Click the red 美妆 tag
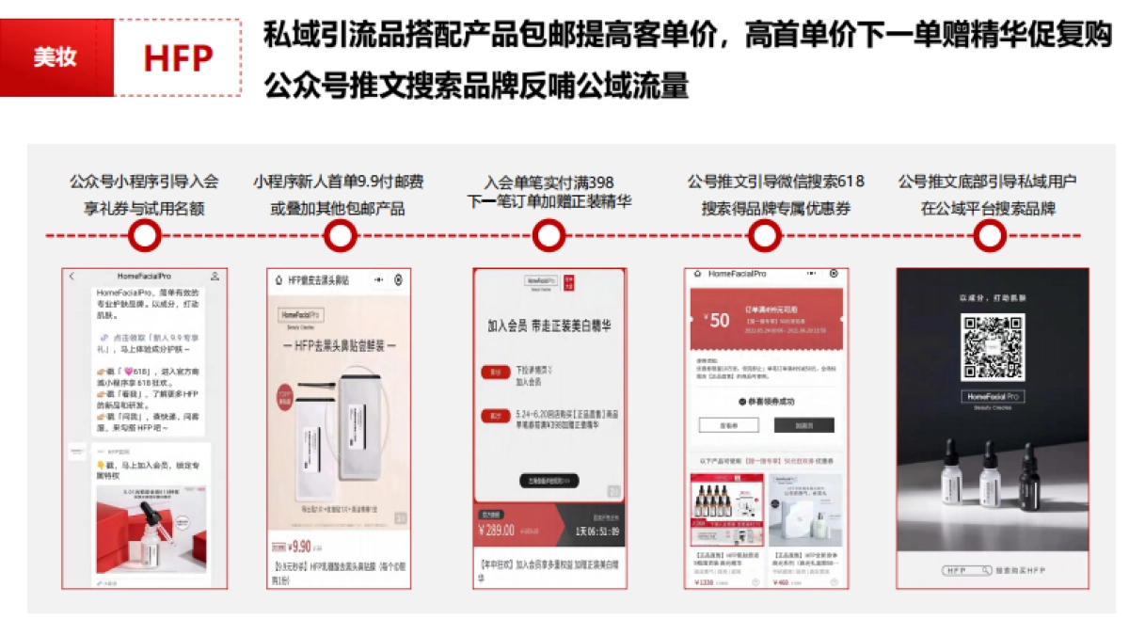coord(56,57)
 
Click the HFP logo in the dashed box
coord(177,58)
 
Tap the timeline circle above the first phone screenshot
coord(144,236)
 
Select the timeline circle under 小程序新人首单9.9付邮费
coord(340,236)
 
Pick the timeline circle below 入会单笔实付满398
coord(549,236)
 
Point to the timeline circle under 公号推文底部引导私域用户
coord(988,236)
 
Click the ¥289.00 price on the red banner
coord(498,530)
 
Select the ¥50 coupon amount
coord(717,320)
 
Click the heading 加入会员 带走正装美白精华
coord(549,326)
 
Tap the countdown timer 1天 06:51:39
coord(596,531)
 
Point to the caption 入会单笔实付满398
coord(549,182)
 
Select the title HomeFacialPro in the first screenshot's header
coord(144,277)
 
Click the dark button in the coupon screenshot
coord(803,425)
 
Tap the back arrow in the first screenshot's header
coord(72,277)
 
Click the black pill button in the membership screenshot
coord(549,481)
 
